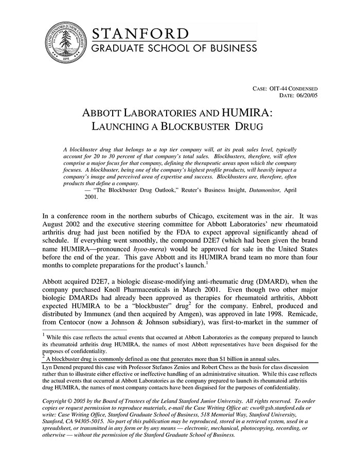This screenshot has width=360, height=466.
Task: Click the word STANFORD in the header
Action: click(140, 34)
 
